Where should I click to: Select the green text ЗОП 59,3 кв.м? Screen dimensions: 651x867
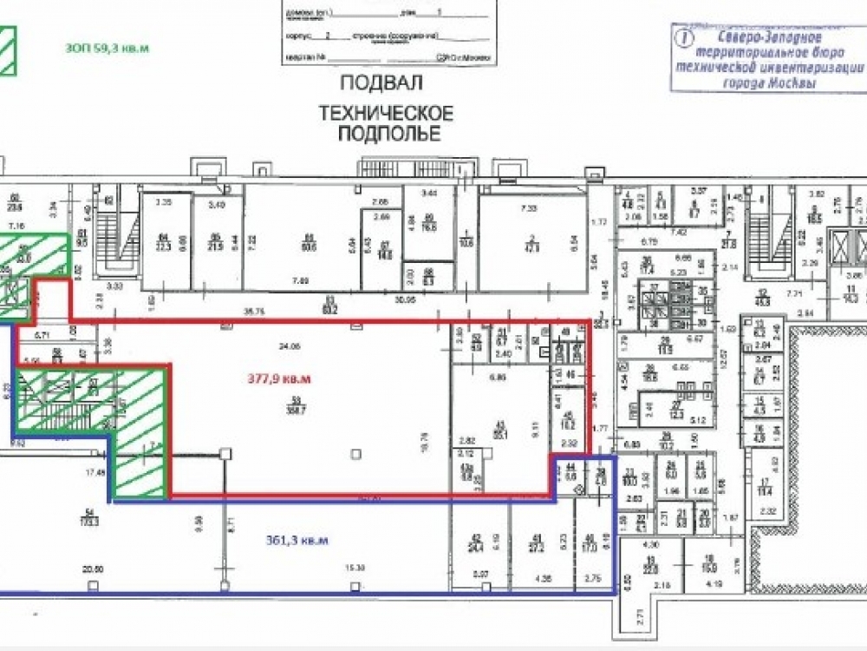107,49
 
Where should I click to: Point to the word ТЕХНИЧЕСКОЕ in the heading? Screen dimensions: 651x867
386,114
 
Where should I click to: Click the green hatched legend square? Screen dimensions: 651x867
8,50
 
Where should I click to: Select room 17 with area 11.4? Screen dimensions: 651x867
765,486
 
